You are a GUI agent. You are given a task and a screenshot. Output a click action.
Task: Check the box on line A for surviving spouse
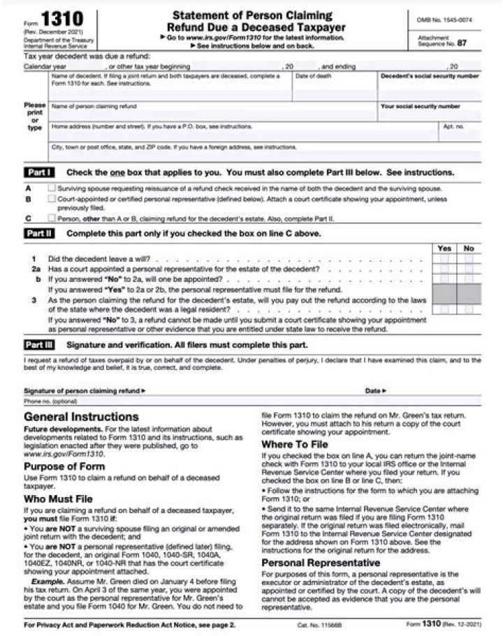pyautogui.click(x=52, y=188)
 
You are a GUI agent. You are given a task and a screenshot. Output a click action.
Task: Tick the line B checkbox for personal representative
pyautogui.click(x=52, y=199)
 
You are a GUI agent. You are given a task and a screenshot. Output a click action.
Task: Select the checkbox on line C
pyautogui.click(x=52, y=218)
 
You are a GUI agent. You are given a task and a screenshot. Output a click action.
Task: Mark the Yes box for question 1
pyautogui.click(x=444, y=259)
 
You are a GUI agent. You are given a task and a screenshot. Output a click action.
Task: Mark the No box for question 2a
pyautogui.click(x=469, y=269)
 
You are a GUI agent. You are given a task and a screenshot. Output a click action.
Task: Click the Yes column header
pyautogui.click(x=444, y=248)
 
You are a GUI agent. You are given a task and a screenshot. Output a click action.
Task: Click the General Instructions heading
pyautogui.click(x=81, y=417)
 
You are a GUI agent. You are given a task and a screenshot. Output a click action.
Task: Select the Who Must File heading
pyautogui.click(x=58, y=499)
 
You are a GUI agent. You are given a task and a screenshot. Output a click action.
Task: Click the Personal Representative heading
pyautogui.click(x=321, y=562)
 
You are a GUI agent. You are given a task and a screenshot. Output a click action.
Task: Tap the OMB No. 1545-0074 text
pyautogui.click(x=444, y=20)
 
